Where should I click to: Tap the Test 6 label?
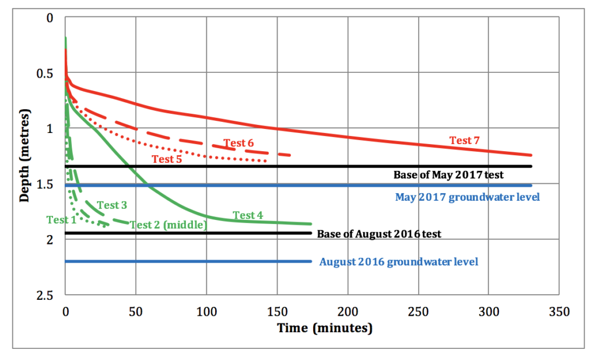238,143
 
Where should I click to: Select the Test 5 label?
167,159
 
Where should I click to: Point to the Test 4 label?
248,215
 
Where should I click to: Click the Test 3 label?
111,205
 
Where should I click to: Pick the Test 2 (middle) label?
168,225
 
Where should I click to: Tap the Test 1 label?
61,220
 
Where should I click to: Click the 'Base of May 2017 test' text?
448,174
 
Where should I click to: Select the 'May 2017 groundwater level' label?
468,197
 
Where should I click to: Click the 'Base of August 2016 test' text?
379,234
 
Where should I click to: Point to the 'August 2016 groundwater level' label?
399,262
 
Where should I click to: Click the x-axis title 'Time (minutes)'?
325,328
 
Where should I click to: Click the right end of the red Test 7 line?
532,155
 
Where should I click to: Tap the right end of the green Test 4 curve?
311,224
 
